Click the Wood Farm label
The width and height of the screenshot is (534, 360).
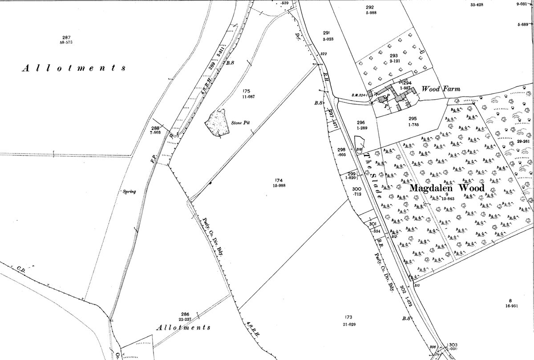(440, 89)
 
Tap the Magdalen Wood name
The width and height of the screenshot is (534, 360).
(446, 188)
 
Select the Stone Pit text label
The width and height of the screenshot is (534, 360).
(239, 123)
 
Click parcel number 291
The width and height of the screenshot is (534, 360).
(326, 32)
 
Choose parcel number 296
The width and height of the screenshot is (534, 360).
(360, 122)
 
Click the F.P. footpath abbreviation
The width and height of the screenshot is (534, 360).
(152, 158)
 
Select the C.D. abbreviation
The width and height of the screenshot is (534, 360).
(20, 269)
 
